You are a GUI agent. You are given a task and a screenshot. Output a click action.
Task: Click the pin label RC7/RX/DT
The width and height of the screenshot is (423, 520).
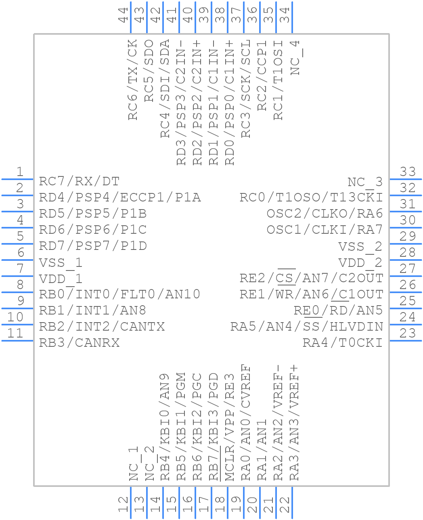[x=79, y=181]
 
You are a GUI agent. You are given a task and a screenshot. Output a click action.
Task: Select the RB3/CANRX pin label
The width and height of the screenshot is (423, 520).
[x=79, y=343]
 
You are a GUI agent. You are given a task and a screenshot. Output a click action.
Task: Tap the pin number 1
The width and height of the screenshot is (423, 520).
[x=20, y=172]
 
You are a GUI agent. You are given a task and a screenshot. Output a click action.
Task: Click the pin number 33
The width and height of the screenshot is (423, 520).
[x=408, y=172]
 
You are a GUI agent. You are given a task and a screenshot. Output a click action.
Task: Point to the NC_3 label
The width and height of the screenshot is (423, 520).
[x=365, y=182]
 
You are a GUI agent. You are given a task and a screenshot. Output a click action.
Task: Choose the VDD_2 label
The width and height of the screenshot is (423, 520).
[x=360, y=263]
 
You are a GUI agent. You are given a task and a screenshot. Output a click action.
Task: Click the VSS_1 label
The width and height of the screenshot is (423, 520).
[x=61, y=263]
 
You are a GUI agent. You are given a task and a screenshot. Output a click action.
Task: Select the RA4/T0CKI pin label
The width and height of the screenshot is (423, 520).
[x=342, y=343]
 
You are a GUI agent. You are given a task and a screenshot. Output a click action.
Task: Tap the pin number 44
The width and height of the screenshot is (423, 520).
[x=124, y=15]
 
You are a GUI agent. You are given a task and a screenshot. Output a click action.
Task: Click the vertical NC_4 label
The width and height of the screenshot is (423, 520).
[x=296, y=57]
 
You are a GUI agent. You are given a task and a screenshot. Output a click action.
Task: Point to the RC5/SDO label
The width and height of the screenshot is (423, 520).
[x=149, y=71]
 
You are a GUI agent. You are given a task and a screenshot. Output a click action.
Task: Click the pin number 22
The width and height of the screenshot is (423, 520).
[x=285, y=505]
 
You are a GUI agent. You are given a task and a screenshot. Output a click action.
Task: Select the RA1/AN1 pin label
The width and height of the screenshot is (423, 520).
[x=262, y=450]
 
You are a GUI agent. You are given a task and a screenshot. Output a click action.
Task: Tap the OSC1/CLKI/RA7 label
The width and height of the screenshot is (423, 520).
[x=325, y=230]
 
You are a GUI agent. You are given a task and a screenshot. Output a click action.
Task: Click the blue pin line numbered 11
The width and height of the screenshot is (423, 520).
[x=17, y=341]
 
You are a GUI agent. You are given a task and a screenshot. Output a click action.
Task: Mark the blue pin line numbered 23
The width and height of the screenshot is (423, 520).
[x=405, y=341]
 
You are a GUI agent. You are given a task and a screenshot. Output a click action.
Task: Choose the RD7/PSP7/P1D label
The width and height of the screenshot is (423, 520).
[x=93, y=246]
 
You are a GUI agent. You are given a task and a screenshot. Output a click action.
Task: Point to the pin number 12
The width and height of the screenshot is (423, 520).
[x=124, y=505]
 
